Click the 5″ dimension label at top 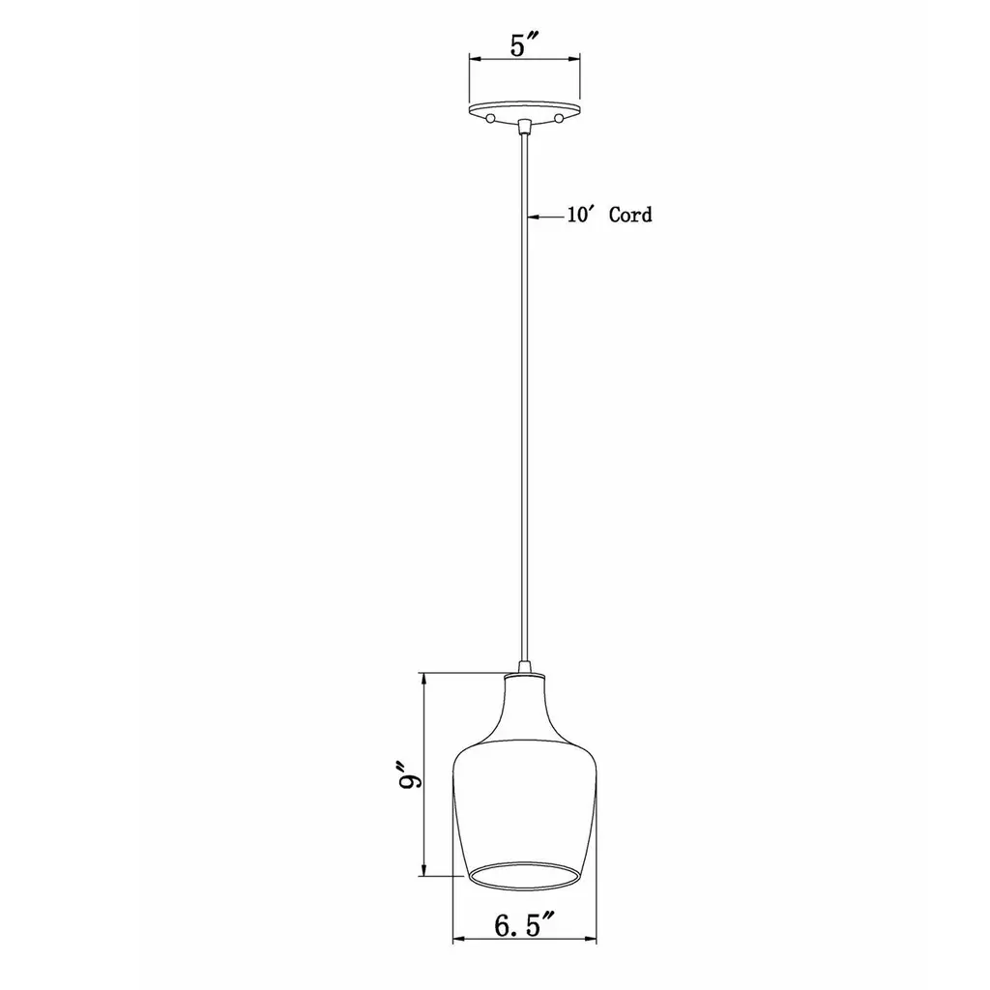click(x=523, y=44)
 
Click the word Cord click(x=630, y=216)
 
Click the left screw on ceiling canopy click(x=490, y=118)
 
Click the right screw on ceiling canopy click(x=558, y=118)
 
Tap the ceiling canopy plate click(x=524, y=109)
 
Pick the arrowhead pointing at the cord click(x=533, y=217)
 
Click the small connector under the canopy click(x=523, y=127)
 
